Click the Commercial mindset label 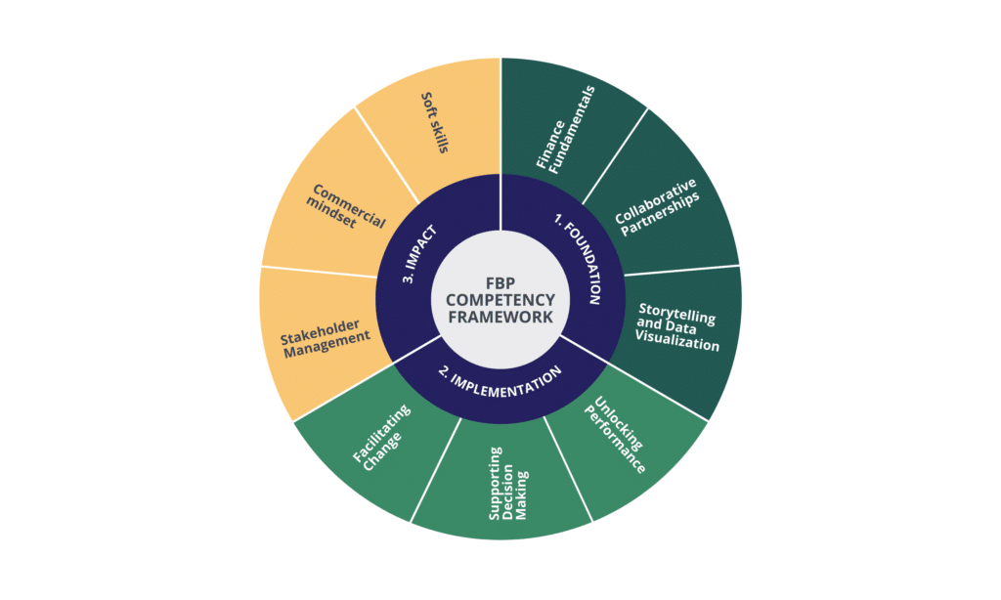[x=345, y=210]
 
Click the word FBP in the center [x=500, y=281]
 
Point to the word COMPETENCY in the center [x=500, y=299]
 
